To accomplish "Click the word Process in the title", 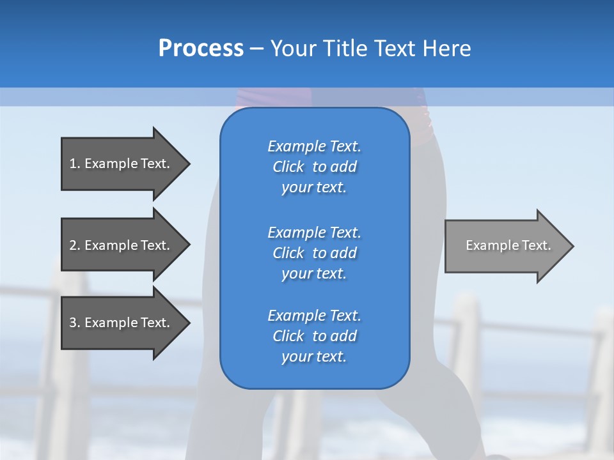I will [x=201, y=48].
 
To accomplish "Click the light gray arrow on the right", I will [x=505, y=245].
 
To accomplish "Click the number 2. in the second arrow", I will [x=75, y=245].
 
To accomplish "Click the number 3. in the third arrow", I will [x=75, y=323].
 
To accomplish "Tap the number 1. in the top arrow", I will [x=75, y=164].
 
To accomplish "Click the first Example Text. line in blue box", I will [x=314, y=146].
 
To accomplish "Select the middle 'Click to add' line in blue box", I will [x=314, y=253].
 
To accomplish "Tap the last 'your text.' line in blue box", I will [x=314, y=357].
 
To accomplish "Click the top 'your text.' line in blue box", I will [x=314, y=188].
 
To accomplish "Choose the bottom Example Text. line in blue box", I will [x=314, y=316].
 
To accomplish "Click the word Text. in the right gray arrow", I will [x=536, y=245].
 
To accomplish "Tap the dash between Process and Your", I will [x=256, y=49].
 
